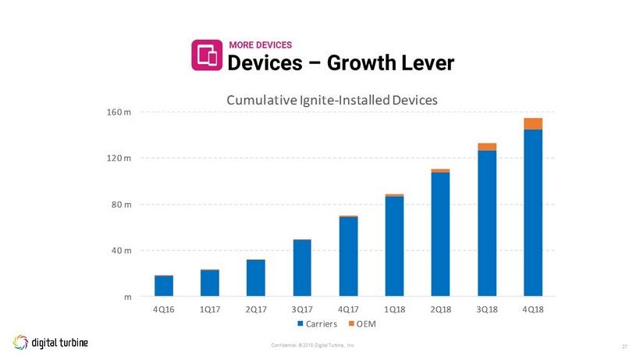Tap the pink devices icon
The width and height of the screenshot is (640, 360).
pyautogui.click(x=207, y=55)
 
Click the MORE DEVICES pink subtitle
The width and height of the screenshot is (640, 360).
pyautogui.click(x=260, y=45)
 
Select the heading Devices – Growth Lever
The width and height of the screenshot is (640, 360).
pyautogui.click(x=340, y=62)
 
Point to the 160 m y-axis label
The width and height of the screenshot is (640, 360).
pyautogui.click(x=120, y=112)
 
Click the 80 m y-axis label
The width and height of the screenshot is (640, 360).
pyautogui.click(x=123, y=205)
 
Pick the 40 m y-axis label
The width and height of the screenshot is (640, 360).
pyautogui.click(x=123, y=251)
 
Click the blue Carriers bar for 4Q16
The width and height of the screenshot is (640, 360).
pyautogui.click(x=164, y=287)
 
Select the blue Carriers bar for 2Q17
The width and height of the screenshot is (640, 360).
pyautogui.click(x=256, y=278)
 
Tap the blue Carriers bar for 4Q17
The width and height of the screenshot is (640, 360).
pyautogui.click(x=348, y=256)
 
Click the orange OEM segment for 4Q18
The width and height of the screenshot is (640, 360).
pyautogui.click(x=533, y=123)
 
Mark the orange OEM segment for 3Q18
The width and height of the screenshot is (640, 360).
pyautogui.click(x=487, y=147)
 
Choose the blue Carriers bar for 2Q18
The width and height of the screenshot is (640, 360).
pyautogui.click(x=440, y=234)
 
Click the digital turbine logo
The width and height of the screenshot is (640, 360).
pyautogui.click(x=50, y=342)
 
